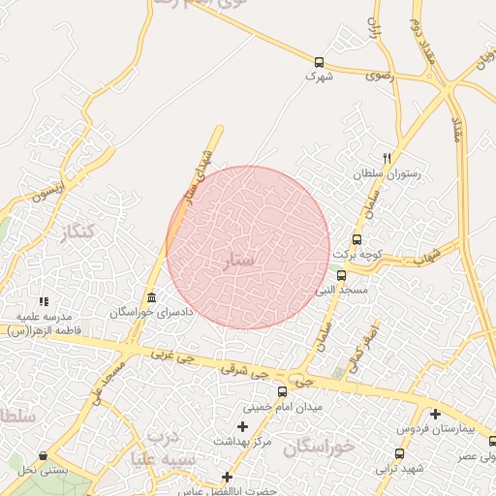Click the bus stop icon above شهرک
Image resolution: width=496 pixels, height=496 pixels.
[319, 60]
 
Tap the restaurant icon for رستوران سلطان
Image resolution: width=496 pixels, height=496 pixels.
[387, 158]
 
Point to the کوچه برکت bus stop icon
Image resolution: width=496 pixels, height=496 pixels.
[356, 239]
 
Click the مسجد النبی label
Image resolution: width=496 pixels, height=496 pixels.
[338, 289]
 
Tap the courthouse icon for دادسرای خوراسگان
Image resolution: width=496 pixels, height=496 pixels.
[150, 297]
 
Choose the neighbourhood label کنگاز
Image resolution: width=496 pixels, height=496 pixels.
[77, 232]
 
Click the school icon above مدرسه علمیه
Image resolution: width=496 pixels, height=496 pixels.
[43, 301]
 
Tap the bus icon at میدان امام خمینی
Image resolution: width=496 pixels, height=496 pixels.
[282, 392]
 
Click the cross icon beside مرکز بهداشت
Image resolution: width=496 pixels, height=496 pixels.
[241, 426]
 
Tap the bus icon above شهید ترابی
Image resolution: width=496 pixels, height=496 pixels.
[399, 453]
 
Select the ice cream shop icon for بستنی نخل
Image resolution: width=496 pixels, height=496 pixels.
[43, 456]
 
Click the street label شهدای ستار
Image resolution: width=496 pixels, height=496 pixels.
[198, 174]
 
